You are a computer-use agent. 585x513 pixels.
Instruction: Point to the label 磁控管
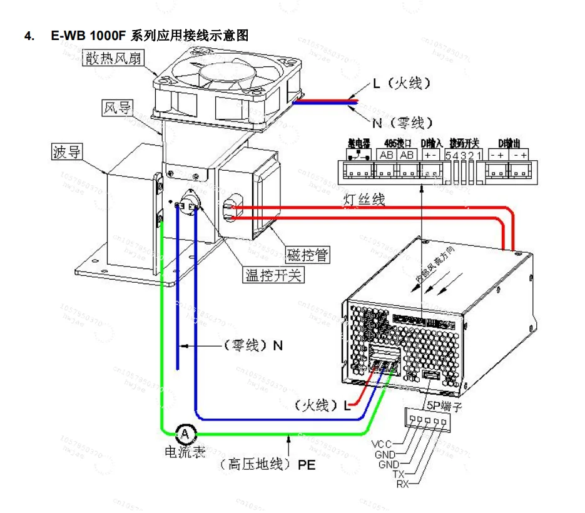[307, 255]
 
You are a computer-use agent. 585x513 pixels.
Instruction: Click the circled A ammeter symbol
[185, 433]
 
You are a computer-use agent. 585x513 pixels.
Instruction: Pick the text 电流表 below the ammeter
[185, 452]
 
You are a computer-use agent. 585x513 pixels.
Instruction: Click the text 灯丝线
[364, 200]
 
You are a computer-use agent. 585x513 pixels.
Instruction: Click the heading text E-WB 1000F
[89, 36]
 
